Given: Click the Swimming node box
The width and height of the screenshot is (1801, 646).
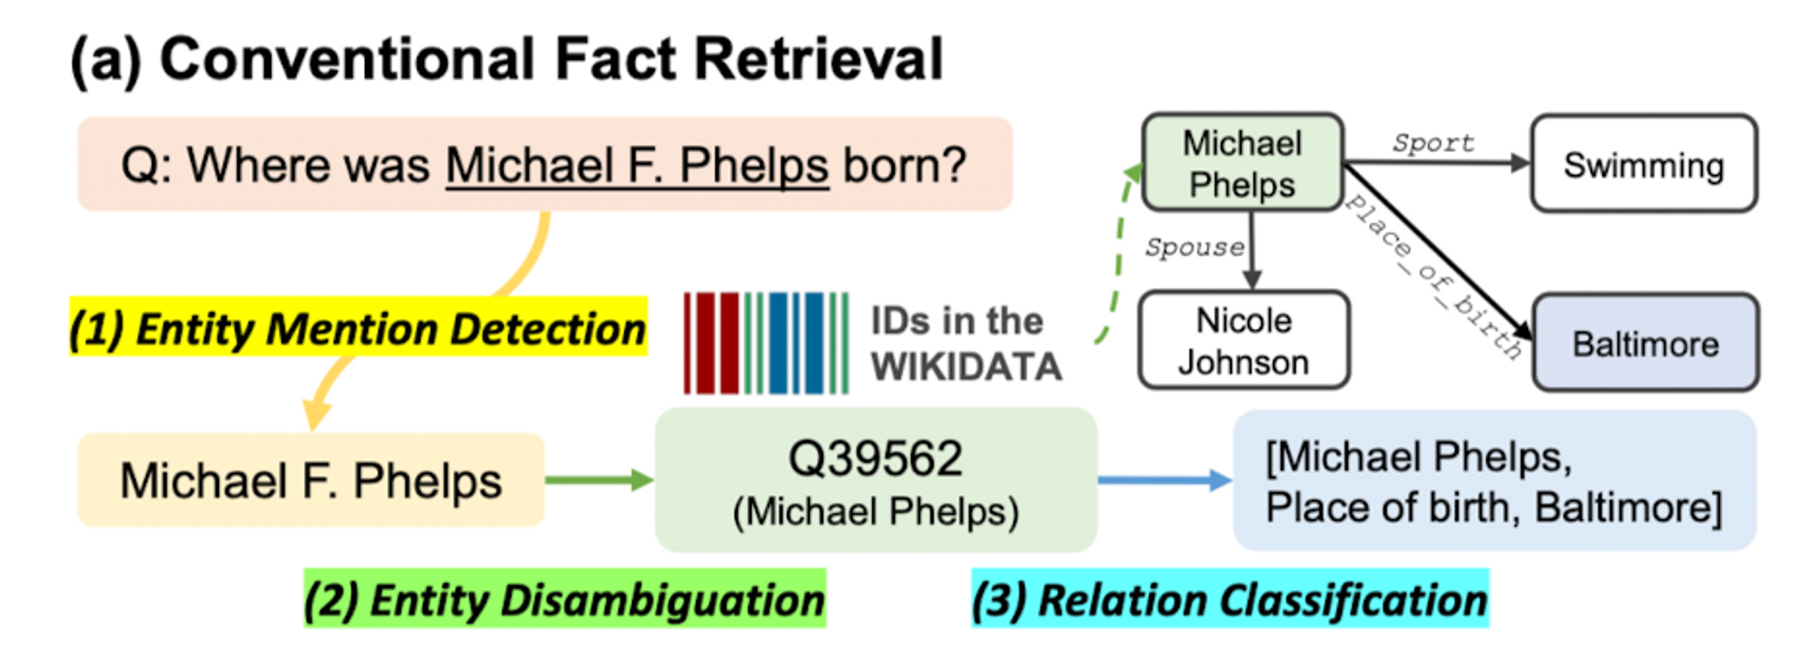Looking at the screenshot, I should [x=1643, y=164].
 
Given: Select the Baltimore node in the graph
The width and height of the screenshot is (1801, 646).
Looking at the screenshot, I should [x=1645, y=343].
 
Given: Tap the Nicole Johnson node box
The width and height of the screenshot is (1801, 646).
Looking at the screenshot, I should [x=1244, y=340].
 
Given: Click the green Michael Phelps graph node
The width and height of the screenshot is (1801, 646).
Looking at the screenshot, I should [x=1242, y=163].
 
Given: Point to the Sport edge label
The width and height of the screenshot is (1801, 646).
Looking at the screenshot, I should [x=1433, y=143].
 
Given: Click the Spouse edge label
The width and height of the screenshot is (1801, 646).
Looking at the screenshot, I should [x=1194, y=247].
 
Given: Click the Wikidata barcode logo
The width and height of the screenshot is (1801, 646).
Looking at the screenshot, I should [x=765, y=343].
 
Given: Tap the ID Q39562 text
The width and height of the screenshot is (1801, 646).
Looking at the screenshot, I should [x=875, y=459].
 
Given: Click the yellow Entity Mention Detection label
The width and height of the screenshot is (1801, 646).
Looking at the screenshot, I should [x=358, y=328].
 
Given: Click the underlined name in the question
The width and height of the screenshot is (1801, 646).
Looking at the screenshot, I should [x=637, y=166].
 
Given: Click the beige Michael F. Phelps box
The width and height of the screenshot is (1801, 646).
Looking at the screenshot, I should [x=311, y=480].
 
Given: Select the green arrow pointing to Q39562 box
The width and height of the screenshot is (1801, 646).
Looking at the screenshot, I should [x=599, y=480].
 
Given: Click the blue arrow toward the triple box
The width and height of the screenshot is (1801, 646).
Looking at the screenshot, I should [x=1164, y=480].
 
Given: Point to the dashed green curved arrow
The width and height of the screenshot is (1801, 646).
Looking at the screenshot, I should [x=1118, y=252].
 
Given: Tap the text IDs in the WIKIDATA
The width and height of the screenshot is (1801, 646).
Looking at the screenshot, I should [x=965, y=344].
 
